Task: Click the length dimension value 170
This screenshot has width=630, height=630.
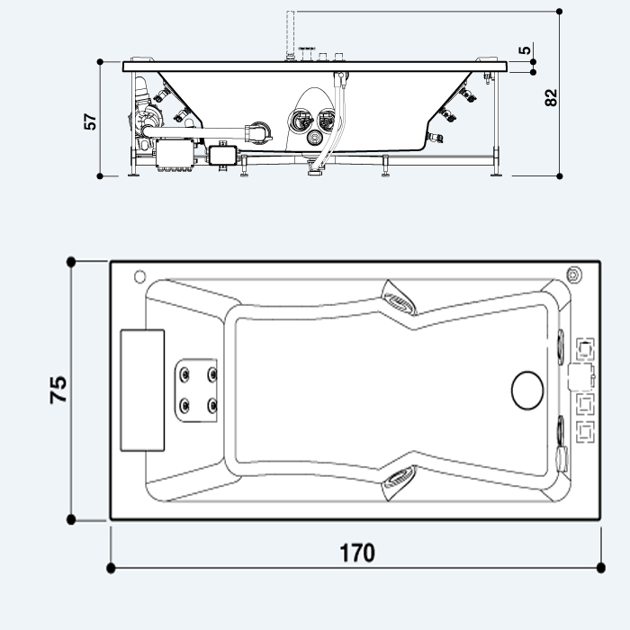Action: pos(357,552)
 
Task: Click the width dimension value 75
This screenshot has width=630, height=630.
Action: pos(58,389)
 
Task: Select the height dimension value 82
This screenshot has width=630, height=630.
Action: pos(552,97)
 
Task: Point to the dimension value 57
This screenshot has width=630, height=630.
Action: pos(90,122)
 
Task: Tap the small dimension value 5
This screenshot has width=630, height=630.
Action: pos(526,49)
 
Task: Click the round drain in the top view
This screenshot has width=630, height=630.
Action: pos(527,389)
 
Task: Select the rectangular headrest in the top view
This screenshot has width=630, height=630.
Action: pos(142,389)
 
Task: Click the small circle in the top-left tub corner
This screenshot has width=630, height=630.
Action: pos(139,275)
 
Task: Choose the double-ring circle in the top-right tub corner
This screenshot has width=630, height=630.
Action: pos(573,274)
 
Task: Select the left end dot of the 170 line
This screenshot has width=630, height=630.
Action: pos(111,568)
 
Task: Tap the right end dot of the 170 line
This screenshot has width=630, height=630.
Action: pos(601,568)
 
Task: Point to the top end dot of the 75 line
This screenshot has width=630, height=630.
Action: pos(71,262)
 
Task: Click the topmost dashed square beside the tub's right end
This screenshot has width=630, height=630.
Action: pos(586,347)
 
